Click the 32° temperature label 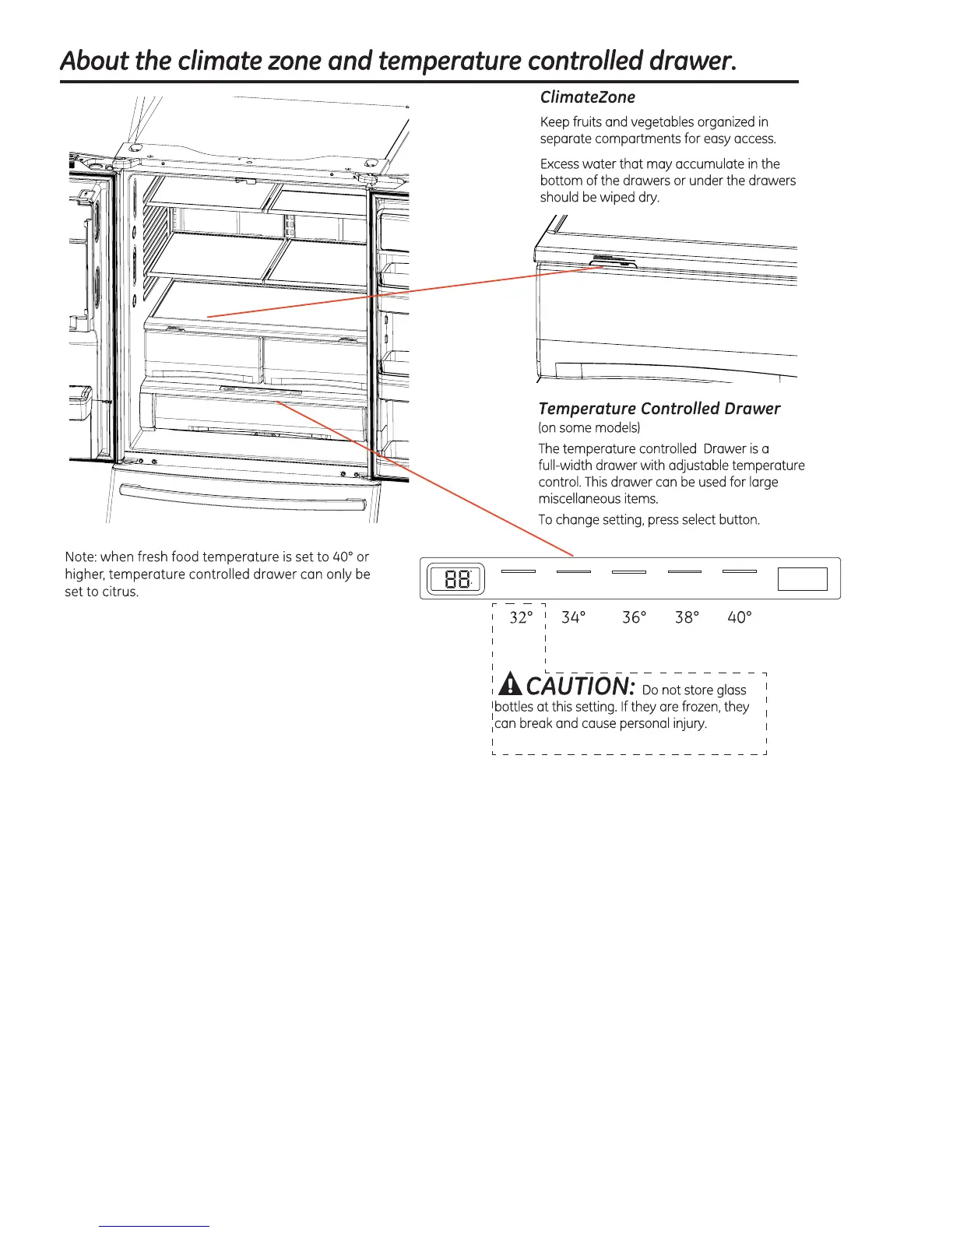(520, 617)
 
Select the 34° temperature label (573, 617)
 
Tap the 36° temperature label (634, 617)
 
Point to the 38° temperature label (687, 617)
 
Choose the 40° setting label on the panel (739, 617)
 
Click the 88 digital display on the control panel (456, 580)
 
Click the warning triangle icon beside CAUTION (510, 685)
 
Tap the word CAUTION (581, 686)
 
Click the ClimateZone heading (587, 97)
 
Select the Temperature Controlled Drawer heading (659, 409)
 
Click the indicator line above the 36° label (629, 572)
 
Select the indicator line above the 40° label (740, 571)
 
